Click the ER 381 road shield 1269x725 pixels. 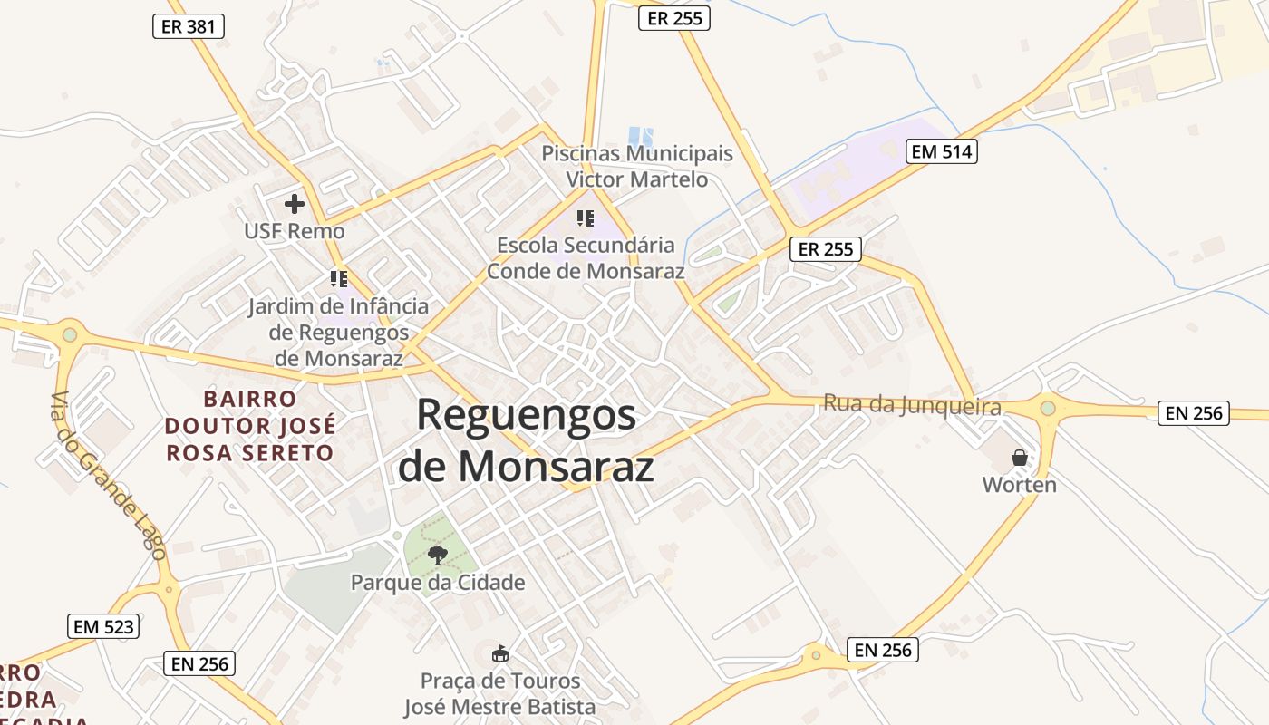(x=188, y=26)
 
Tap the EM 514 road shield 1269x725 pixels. (x=942, y=151)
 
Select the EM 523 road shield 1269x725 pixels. (x=103, y=625)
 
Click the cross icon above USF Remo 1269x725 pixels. (x=295, y=204)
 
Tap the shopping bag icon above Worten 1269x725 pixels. (x=1020, y=458)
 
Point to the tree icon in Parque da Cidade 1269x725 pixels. (x=438, y=554)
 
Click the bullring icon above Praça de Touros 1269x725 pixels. (x=499, y=653)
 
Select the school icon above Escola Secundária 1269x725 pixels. (x=586, y=217)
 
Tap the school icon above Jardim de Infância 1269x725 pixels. (x=339, y=278)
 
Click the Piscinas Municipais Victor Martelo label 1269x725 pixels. (x=637, y=166)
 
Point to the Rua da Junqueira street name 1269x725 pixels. (x=912, y=404)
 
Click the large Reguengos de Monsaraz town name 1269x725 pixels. (x=527, y=440)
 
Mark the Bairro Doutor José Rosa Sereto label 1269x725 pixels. (x=250, y=425)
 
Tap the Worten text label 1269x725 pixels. (x=1020, y=485)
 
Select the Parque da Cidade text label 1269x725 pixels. (x=438, y=582)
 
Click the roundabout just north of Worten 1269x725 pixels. (x=1048, y=409)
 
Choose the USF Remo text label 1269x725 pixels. (x=295, y=231)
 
